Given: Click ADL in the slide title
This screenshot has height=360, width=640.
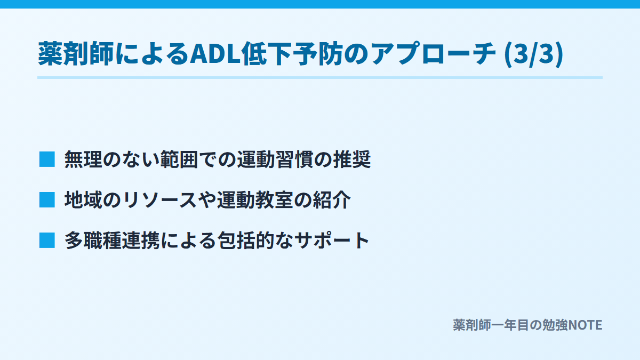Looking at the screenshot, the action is [215, 54].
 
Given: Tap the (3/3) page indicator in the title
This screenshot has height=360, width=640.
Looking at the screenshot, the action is [534, 54].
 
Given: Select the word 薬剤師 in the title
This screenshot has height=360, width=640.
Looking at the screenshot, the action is [76, 54].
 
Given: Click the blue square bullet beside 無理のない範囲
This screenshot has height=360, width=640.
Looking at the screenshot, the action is [47, 159].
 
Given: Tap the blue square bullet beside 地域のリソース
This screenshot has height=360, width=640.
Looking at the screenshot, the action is [47, 199].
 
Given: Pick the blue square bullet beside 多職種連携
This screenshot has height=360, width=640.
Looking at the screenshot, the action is [47, 241].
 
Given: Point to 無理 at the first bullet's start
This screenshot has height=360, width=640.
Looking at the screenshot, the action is [83, 159].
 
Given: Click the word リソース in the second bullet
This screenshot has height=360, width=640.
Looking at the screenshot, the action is [160, 199].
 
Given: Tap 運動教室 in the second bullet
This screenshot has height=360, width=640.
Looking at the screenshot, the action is [255, 199].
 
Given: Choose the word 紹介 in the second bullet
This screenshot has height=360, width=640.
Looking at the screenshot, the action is [332, 199].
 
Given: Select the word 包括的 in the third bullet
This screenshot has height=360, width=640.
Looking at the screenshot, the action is [246, 241].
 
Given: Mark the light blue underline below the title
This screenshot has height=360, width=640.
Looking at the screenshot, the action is [320, 78].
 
